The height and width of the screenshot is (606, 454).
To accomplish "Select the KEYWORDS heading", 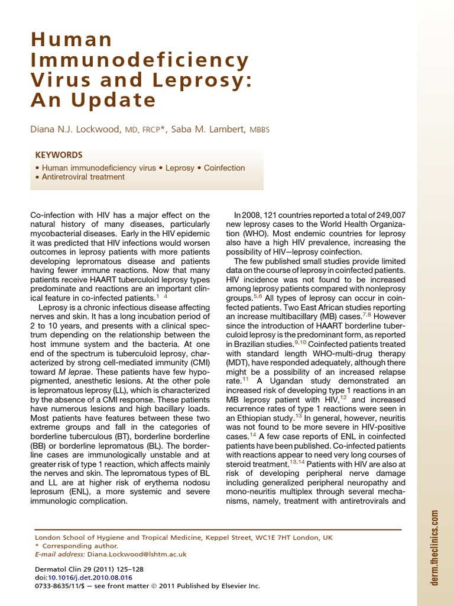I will (x=59, y=154).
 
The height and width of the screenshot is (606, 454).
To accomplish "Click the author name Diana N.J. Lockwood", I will (x=78, y=129).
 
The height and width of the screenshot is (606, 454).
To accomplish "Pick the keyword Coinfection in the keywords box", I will (x=224, y=168).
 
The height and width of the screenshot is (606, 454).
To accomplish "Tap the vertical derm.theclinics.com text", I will (x=435, y=548).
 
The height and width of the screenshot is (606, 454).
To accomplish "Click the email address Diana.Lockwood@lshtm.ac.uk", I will (x=137, y=555).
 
